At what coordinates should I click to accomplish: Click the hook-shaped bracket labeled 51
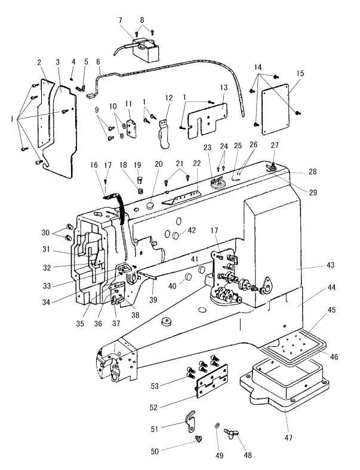tap(193, 421)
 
